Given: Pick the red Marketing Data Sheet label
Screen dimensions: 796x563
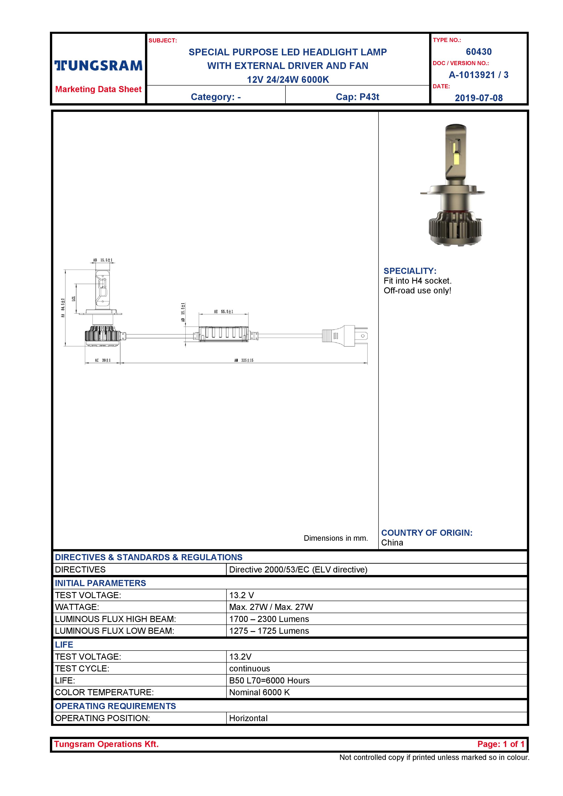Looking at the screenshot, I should coord(98,89).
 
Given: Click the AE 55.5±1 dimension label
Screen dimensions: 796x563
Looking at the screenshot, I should coord(224,312).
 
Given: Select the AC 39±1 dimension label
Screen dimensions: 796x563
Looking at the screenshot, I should coord(103,360).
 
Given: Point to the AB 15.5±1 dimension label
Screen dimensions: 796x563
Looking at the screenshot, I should coord(103,260).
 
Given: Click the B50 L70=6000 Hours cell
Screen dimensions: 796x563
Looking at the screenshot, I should coord(269,681).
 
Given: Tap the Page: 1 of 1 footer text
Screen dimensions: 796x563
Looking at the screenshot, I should coord(501,744).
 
